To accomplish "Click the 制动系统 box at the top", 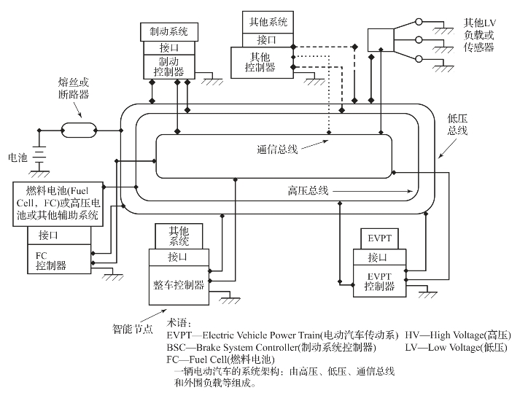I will [x=168, y=31].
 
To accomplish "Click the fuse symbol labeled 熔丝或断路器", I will [x=77, y=131].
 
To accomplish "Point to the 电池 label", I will [x=18, y=156].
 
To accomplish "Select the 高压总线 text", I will [x=308, y=191].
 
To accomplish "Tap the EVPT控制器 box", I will [x=381, y=281].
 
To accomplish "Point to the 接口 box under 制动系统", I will [x=168, y=47].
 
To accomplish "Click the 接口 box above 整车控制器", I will [x=179, y=257].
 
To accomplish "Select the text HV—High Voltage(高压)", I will [x=457, y=335].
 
